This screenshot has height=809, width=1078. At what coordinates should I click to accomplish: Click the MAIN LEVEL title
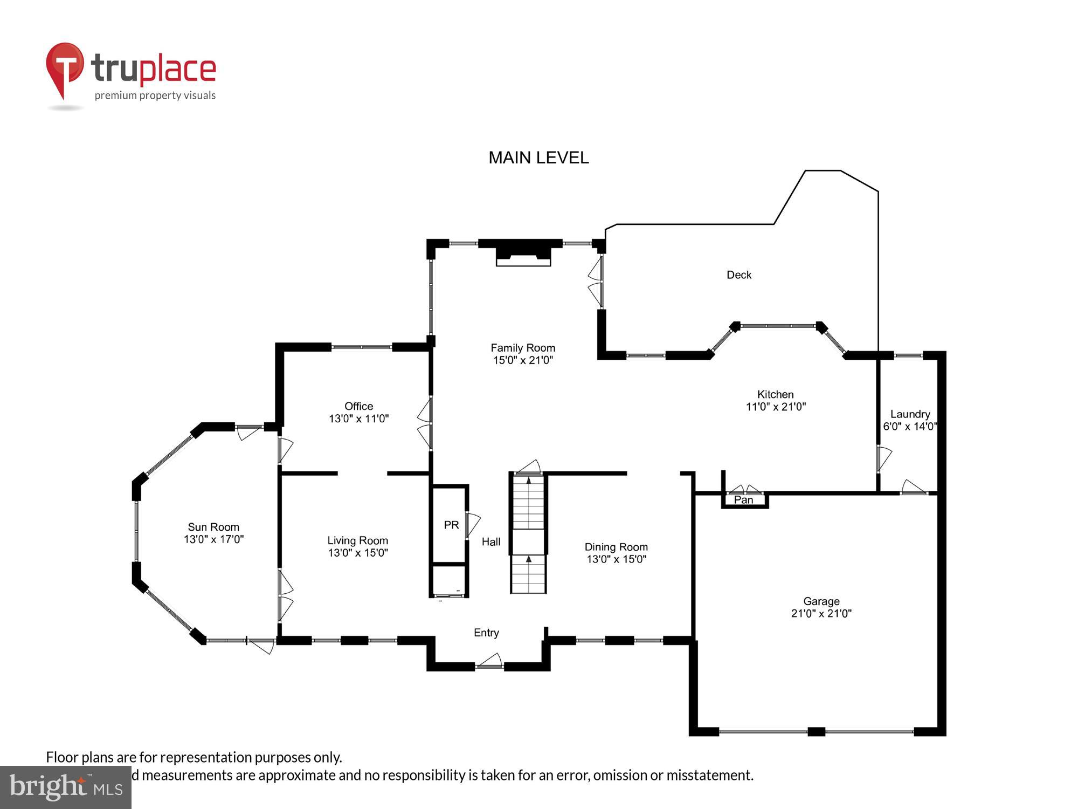click(538, 157)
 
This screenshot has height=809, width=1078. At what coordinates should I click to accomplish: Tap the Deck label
click(738, 275)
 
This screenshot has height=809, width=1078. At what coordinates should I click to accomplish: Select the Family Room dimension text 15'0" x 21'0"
click(523, 360)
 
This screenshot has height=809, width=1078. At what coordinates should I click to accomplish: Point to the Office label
click(358, 406)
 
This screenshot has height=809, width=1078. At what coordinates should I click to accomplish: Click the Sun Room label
click(213, 527)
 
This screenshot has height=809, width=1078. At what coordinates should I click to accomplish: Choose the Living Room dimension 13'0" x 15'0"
click(358, 553)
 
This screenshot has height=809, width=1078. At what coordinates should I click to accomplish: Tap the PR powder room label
click(451, 525)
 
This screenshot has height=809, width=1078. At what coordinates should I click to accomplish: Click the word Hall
click(491, 541)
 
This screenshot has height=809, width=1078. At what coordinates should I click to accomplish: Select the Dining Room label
click(616, 547)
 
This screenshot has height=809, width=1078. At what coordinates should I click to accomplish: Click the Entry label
click(486, 633)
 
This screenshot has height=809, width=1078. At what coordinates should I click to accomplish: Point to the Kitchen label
click(775, 394)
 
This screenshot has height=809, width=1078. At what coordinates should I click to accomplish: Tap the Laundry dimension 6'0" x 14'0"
click(910, 427)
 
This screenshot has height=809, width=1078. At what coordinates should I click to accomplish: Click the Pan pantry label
click(743, 500)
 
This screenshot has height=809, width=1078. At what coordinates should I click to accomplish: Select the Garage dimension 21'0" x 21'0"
click(821, 613)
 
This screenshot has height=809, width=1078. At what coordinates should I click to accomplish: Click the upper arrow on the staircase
click(528, 481)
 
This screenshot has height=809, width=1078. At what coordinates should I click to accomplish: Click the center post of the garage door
click(816, 732)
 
